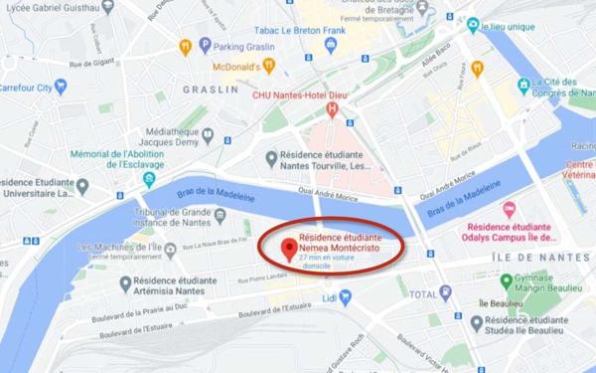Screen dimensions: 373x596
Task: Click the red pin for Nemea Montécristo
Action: pyautogui.click(x=289, y=248)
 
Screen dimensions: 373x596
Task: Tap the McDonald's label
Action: pyautogui.click(x=243, y=67)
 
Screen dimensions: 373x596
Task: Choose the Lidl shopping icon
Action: pyautogui.click(x=328, y=296)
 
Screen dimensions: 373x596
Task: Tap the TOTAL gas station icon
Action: pyautogui.click(x=446, y=293)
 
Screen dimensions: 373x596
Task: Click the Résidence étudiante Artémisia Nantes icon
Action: pyautogui.click(x=125, y=283)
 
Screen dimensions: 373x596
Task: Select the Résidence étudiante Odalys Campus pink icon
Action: pyautogui.click(x=509, y=209)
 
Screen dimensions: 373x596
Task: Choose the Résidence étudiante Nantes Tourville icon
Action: pyautogui.click(x=272, y=157)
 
